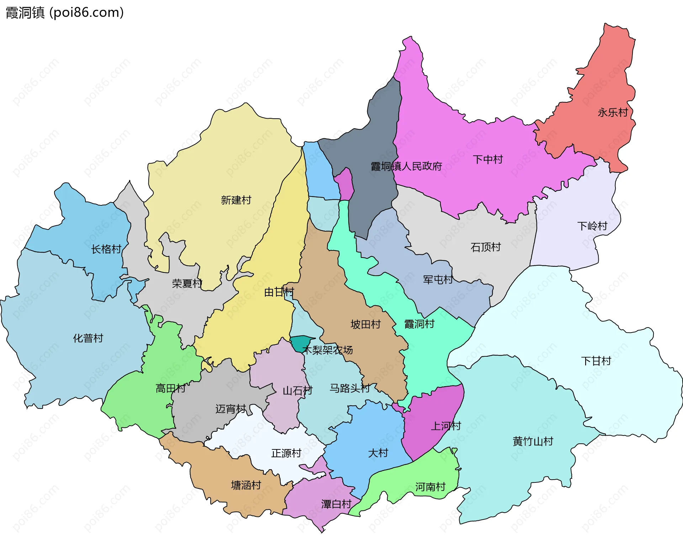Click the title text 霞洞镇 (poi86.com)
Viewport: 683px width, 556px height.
click(x=65, y=12)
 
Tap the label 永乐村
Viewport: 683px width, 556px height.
click(x=613, y=113)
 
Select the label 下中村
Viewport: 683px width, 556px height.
click(x=488, y=160)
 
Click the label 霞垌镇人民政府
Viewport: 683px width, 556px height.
click(x=406, y=166)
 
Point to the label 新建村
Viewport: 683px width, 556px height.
click(x=236, y=200)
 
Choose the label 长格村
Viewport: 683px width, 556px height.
click(x=106, y=249)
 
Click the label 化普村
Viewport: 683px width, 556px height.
click(x=88, y=338)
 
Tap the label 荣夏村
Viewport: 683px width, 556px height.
click(x=187, y=283)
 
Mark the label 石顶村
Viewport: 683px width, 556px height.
click(x=486, y=247)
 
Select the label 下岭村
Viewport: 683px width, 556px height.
click(x=592, y=226)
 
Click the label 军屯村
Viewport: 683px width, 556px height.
click(x=438, y=280)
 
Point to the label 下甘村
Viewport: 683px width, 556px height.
click(x=596, y=361)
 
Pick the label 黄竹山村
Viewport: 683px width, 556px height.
click(x=533, y=441)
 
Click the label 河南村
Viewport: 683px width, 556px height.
click(x=430, y=487)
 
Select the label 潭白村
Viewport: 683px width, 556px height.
click(x=336, y=504)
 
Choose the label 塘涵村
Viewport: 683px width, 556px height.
click(x=246, y=485)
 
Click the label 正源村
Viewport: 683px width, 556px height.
click(x=286, y=453)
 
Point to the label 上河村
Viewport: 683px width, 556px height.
click(x=446, y=426)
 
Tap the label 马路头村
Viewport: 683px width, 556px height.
click(x=350, y=388)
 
